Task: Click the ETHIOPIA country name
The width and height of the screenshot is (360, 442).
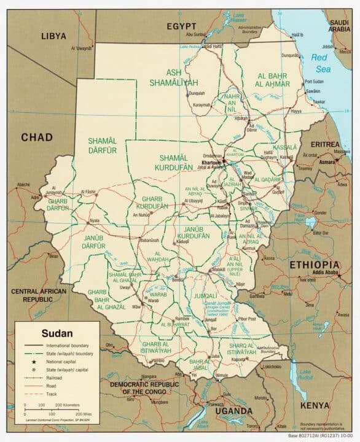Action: coord(315,265)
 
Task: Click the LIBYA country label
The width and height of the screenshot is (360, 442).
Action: coord(53,36)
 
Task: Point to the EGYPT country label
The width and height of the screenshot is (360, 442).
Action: coord(182,26)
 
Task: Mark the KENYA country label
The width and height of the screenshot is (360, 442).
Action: coord(315,406)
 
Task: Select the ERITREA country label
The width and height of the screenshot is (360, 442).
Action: coord(325,144)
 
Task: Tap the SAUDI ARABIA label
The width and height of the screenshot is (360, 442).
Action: coord(342,25)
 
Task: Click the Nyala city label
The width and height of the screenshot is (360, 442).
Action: coord(94,220)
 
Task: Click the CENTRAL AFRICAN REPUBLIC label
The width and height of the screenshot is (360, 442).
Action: coord(38,295)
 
